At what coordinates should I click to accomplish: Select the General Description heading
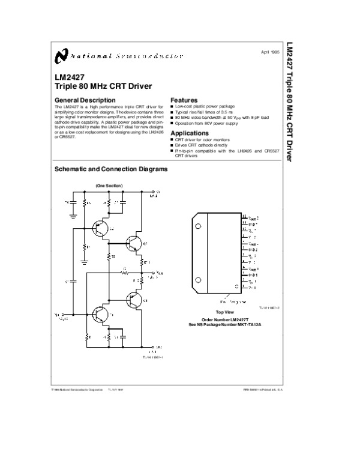(x=85, y=100)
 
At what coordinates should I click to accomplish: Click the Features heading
(x=184, y=100)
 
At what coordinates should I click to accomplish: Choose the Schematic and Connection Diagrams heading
(x=111, y=169)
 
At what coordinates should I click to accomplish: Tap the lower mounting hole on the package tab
(x=198, y=279)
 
